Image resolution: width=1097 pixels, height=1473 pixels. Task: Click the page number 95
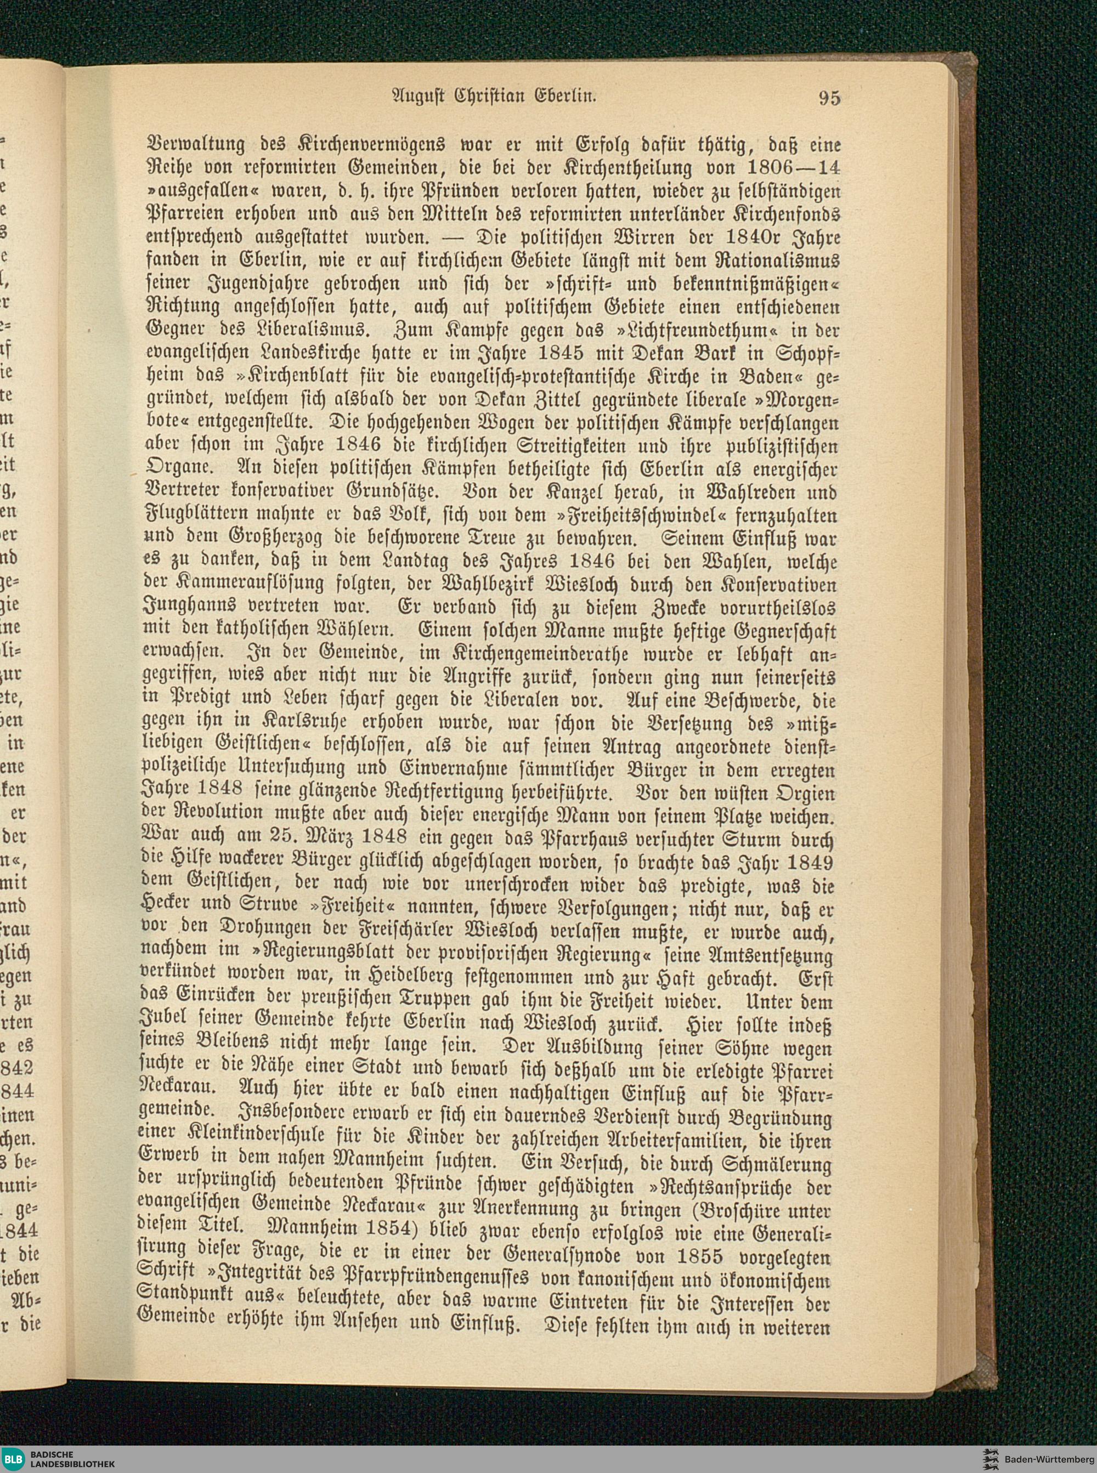[x=829, y=98]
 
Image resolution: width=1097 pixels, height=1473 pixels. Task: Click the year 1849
[x=807, y=865]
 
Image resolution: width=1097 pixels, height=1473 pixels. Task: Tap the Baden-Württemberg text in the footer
[x=1049, y=1458]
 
